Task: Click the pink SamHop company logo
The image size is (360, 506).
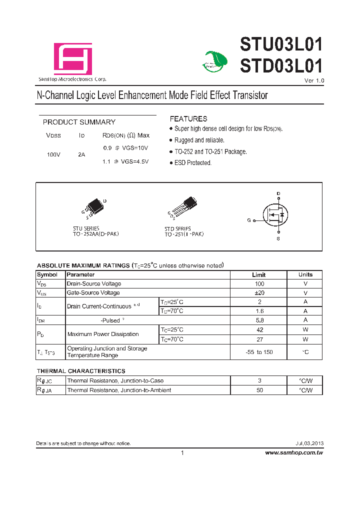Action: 73,59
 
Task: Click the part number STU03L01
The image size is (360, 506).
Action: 281,44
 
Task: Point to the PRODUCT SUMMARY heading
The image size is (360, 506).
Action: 79,122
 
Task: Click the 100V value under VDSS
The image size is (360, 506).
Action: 53,154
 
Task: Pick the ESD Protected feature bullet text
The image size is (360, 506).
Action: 192,163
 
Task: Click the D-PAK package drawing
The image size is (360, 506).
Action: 95,207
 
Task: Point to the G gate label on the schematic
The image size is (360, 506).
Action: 248,220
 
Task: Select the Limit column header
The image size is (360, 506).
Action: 258,274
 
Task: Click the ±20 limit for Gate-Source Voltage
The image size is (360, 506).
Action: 259,292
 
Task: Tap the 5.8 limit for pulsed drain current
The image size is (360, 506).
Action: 259,320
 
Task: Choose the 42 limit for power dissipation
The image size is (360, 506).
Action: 259,329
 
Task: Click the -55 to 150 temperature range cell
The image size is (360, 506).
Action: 259,352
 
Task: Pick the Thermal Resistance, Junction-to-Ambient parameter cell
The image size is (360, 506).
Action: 119,390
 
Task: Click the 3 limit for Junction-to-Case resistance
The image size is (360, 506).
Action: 259,381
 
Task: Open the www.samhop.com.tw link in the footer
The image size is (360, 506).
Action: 294,452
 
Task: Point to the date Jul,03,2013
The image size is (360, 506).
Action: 309,443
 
